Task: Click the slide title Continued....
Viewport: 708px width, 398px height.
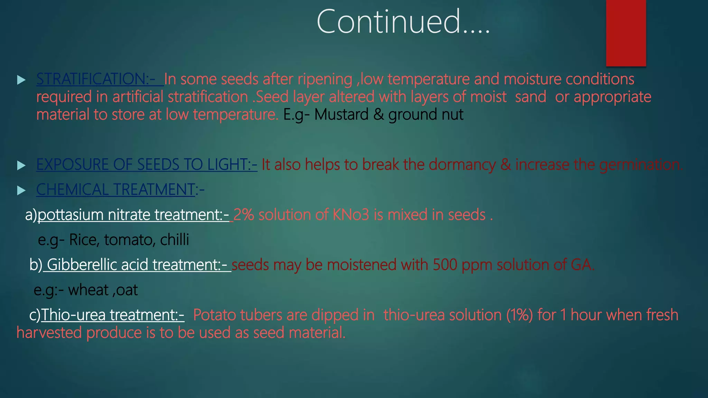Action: [403, 21]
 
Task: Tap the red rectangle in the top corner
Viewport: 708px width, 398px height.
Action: [626, 33]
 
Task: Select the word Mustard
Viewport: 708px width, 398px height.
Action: [341, 115]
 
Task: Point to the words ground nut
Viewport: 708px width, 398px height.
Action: [426, 115]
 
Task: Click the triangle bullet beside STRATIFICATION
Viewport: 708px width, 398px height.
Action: [21, 80]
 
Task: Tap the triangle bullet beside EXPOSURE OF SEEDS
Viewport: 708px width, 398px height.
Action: [21, 165]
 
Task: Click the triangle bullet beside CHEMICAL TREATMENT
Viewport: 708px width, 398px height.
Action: [21, 190]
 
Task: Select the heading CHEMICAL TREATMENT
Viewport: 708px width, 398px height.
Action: [116, 190]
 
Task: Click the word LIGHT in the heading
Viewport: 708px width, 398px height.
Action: [227, 164]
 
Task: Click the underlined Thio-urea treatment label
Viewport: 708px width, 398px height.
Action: [113, 315]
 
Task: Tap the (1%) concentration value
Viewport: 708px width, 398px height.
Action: [519, 315]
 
